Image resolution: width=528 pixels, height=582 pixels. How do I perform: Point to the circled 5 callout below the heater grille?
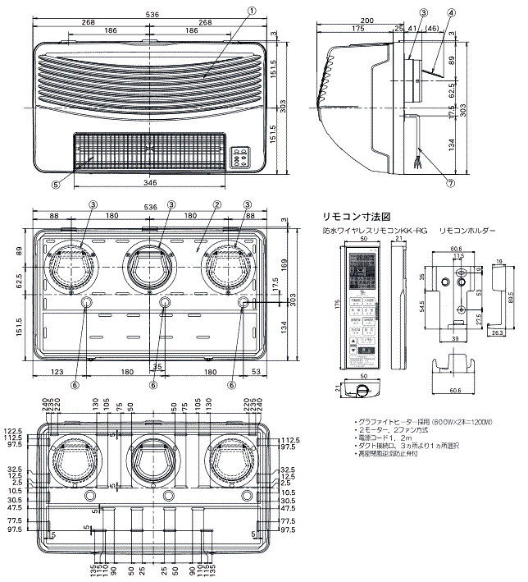point(56,185)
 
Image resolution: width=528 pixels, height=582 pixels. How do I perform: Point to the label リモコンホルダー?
point(467,232)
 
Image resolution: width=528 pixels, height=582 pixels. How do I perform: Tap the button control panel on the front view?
point(241,157)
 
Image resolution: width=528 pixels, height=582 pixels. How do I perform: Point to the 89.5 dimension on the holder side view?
point(511,298)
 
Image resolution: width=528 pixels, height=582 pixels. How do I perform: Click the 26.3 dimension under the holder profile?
point(498,334)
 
